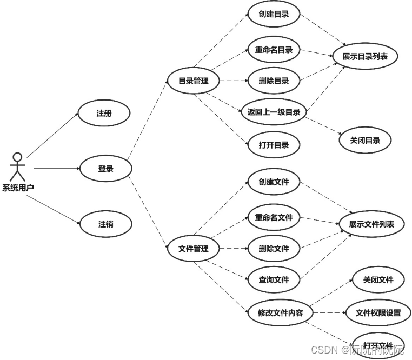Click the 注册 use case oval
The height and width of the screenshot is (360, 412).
coord(105,113)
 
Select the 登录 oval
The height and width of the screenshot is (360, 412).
coord(106,169)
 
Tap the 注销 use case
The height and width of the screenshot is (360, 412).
coord(106,224)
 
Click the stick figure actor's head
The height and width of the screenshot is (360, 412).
coord(18,157)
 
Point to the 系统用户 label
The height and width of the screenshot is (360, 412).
coord(18,188)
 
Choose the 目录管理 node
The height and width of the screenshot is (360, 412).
coord(193,82)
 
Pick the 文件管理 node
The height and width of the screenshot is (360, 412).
coord(193,249)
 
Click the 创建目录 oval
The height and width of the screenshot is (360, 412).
coord(274,14)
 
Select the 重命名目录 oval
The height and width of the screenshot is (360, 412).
coord(274,50)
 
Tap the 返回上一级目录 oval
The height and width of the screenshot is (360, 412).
coord(274,112)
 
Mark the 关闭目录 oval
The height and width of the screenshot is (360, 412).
coord(365,141)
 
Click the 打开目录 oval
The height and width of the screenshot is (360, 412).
coord(274,145)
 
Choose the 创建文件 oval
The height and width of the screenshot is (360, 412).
coord(274,182)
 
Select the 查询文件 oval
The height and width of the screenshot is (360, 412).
coord(274,279)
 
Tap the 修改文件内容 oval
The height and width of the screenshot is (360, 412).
coord(280,312)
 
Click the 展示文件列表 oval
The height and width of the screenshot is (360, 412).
coord(371,224)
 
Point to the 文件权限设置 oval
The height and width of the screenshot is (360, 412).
coord(378,312)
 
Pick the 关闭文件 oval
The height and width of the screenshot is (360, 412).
coord(378,280)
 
